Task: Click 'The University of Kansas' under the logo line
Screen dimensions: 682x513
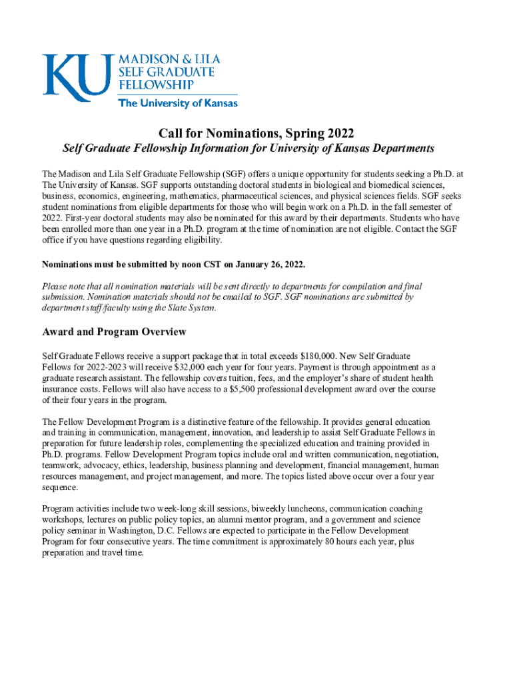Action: coord(177,103)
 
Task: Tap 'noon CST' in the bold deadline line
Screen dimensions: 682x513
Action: coord(189,264)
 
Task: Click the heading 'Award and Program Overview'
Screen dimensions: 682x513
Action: coord(114,332)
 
